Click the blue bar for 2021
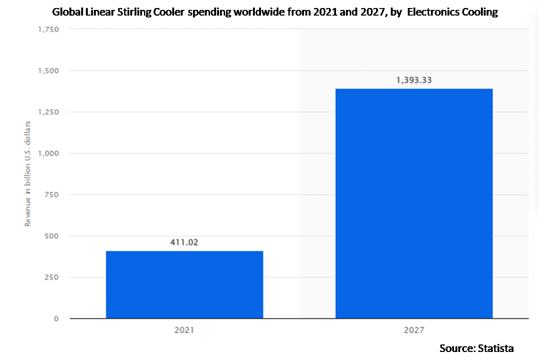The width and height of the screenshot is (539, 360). pyautogui.click(x=185, y=285)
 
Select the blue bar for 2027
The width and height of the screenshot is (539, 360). pyautogui.click(x=414, y=203)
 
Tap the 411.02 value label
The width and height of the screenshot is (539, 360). pyautogui.click(x=184, y=243)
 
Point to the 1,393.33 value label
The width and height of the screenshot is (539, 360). pyautogui.click(x=414, y=80)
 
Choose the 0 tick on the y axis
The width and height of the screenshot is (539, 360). pyautogui.click(x=56, y=318)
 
